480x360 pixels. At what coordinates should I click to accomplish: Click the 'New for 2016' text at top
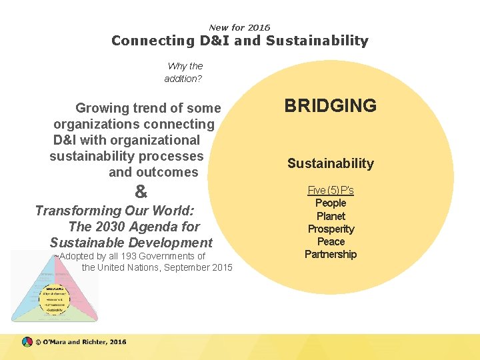239,27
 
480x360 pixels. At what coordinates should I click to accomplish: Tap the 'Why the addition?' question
184,72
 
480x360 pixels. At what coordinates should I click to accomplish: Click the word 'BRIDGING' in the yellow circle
330,106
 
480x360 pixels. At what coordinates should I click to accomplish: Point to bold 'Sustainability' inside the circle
330,163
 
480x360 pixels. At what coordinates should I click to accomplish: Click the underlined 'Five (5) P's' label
331,191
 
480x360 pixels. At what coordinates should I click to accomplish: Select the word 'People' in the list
331,203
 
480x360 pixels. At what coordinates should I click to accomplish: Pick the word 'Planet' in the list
331,216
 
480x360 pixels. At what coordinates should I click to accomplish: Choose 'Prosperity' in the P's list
331,229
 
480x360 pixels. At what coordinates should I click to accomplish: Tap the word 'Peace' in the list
331,241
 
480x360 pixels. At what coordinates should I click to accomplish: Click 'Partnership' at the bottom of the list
331,254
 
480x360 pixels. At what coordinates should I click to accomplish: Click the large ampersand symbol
141,192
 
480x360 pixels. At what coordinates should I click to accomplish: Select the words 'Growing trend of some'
148,108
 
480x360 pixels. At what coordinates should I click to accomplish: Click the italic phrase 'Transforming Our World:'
115,211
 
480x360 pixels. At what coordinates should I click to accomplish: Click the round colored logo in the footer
27,342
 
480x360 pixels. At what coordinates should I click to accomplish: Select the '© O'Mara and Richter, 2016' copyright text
81,342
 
